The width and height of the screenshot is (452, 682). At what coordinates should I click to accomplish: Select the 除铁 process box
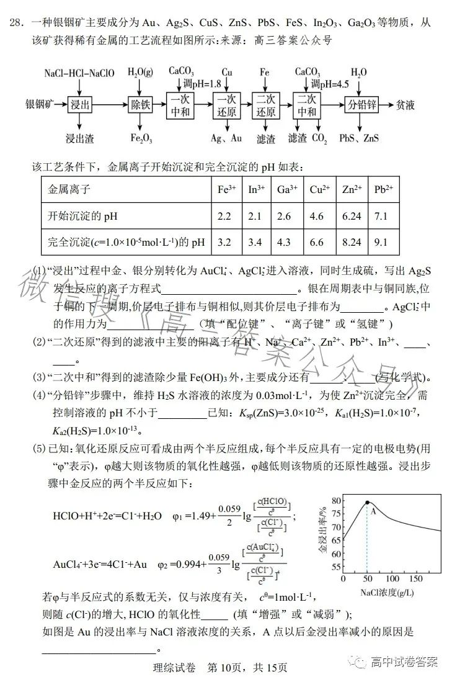[x=141, y=104]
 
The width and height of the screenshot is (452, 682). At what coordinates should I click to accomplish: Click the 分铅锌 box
[x=363, y=104]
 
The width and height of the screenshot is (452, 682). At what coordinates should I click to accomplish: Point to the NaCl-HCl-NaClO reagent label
[x=79, y=73]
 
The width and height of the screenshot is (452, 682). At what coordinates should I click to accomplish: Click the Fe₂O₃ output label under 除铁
[x=141, y=138]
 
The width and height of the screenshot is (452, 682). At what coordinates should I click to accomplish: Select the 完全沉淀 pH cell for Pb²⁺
[x=381, y=242]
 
